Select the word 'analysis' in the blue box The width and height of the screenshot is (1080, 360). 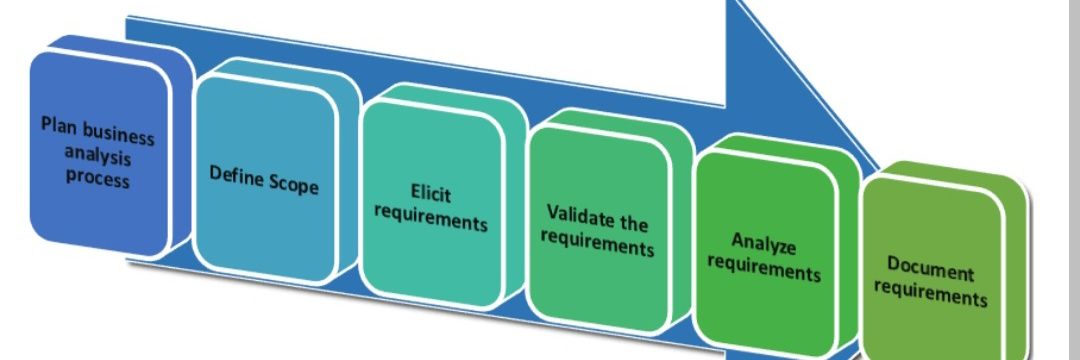[98, 156]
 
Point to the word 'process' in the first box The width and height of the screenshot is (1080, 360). [98, 178]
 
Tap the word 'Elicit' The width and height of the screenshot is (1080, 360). [430, 193]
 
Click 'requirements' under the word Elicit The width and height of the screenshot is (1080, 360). [430, 217]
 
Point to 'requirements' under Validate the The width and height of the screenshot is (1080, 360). [597, 241]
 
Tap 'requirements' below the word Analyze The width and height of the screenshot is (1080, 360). [764, 267]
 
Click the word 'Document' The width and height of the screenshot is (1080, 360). [931, 269]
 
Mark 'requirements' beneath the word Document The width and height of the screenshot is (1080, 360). [931, 293]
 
